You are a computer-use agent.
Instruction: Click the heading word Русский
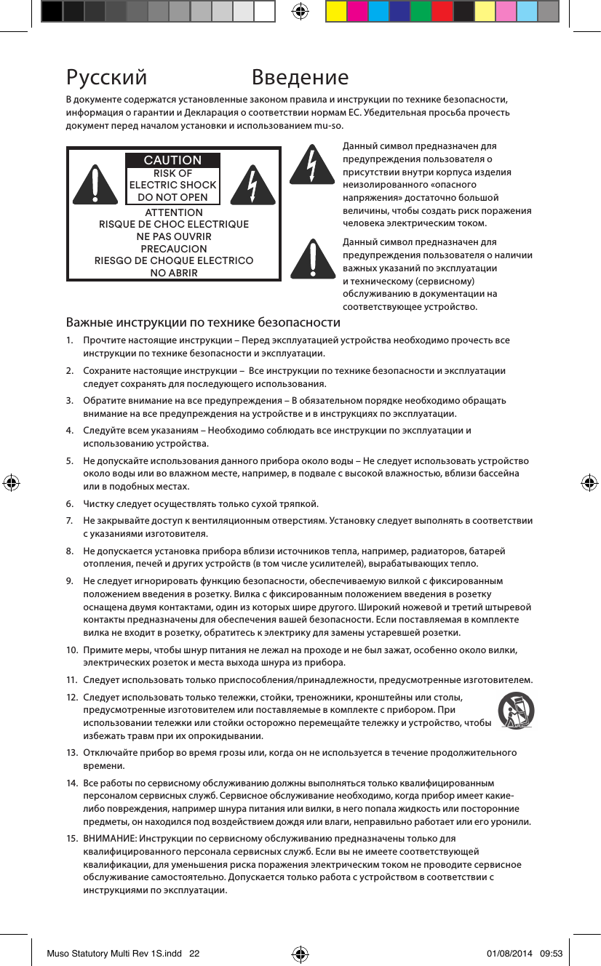click(106, 77)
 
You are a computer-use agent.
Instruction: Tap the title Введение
click(300, 77)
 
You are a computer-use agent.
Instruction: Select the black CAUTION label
click(172, 160)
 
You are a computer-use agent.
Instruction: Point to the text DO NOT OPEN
click(172, 197)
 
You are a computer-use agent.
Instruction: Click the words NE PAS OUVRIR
click(173, 236)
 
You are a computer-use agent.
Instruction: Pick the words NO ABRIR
click(173, 273)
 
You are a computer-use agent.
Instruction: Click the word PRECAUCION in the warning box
click(173, 249)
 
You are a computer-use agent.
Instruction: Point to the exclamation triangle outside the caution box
click(311, 258)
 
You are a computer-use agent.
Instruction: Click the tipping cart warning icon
click(516, 711)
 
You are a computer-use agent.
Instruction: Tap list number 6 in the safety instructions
click(70, 504)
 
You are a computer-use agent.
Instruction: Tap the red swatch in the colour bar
click(442, 12)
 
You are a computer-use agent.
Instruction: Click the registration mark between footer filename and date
click(300, 954)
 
